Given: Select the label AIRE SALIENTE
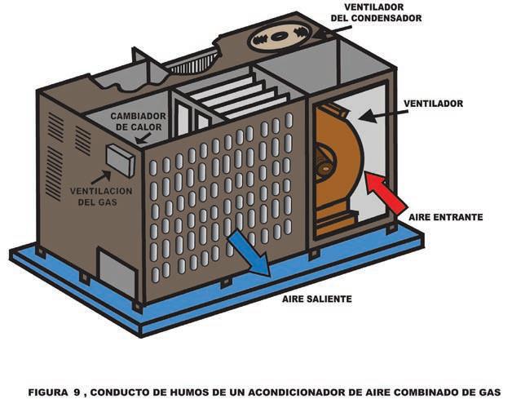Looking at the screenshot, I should (x=317, y=299).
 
